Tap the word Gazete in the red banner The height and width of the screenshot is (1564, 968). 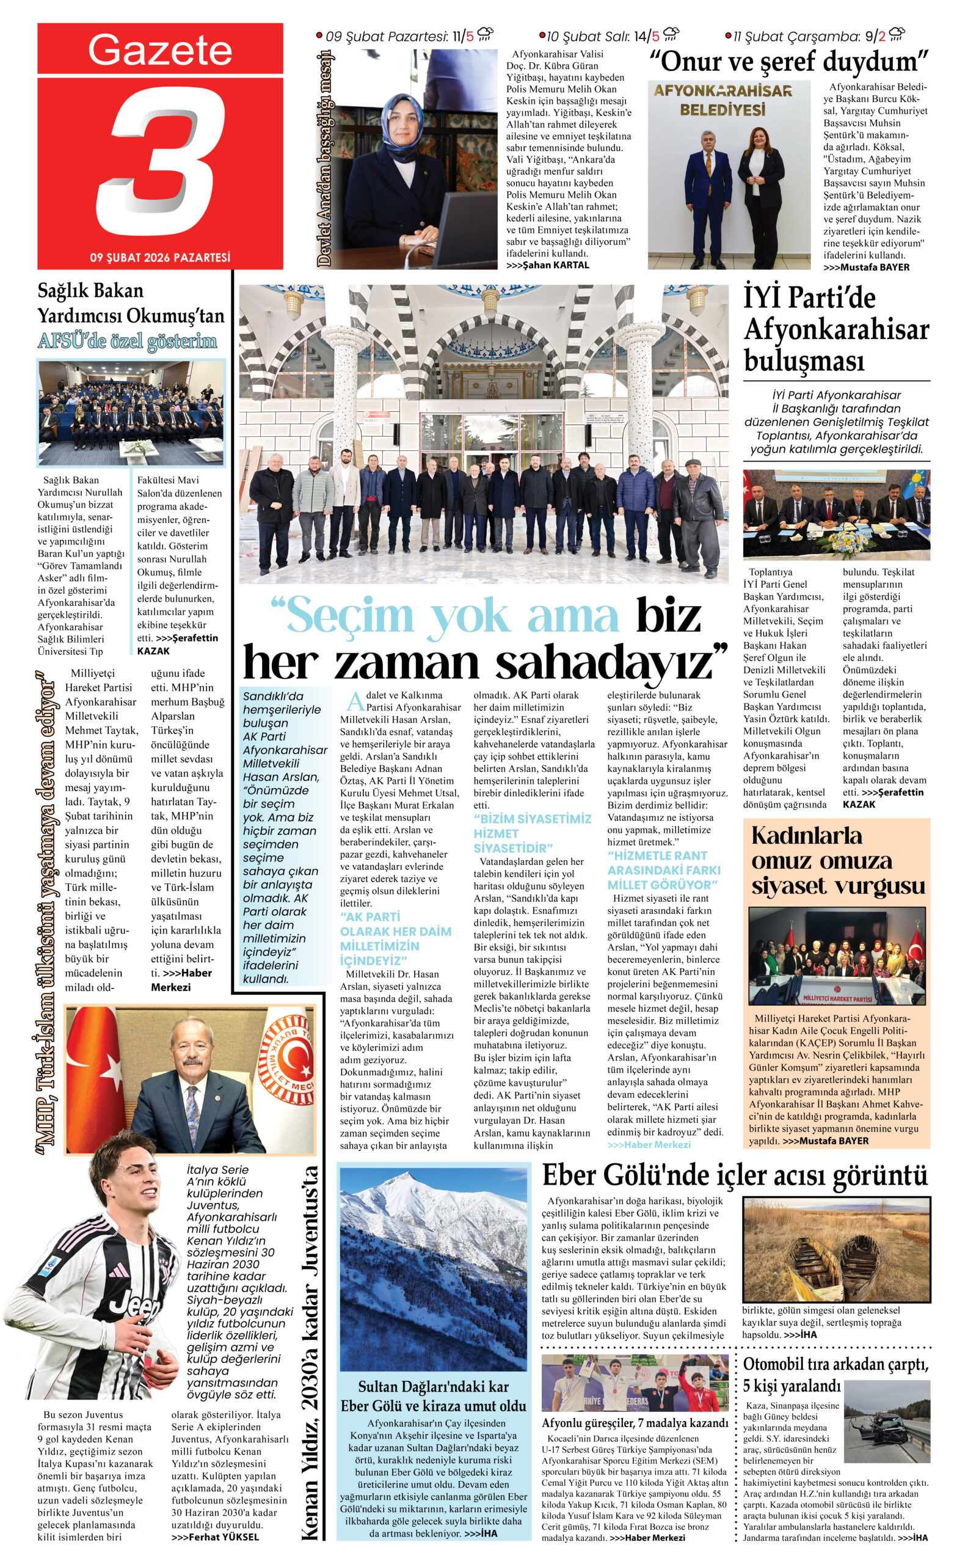[160, 49]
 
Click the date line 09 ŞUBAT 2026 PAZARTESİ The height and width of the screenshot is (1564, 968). [160, 257]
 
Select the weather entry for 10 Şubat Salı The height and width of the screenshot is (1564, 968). [608, 36]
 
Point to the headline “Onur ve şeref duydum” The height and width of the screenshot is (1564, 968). [788, 63]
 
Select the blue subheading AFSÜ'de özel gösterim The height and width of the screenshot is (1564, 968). [128, 341]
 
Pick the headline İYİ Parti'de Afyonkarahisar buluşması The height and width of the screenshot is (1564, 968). [835, 329]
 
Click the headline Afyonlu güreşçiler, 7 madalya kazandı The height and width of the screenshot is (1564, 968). [635, 1423]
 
